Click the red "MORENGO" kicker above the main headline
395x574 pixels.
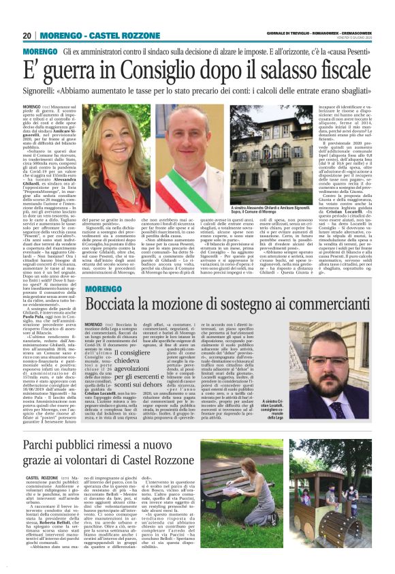click(x=40, y=52)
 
